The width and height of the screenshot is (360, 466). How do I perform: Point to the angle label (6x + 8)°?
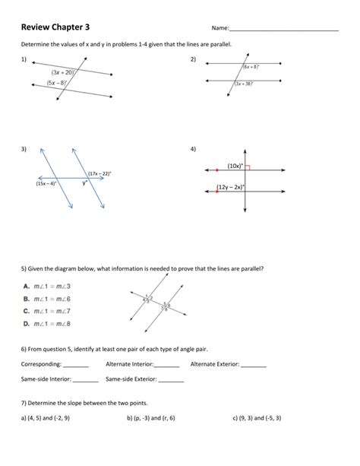pos(253,67)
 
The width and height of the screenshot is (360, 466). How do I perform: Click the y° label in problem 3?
pos(86,182)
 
